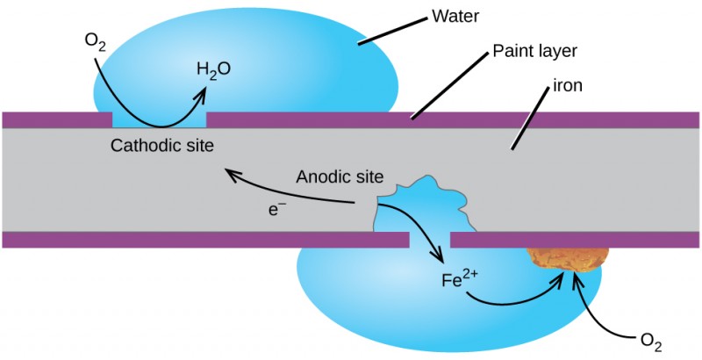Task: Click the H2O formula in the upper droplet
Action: [213, 68]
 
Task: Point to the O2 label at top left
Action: [95, 41]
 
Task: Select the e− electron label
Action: [278, 211]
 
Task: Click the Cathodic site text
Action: [161, 145]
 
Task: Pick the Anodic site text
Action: [340, 176]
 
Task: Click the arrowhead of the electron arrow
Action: [231, 172]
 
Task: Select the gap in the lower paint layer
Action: [430, 240]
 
